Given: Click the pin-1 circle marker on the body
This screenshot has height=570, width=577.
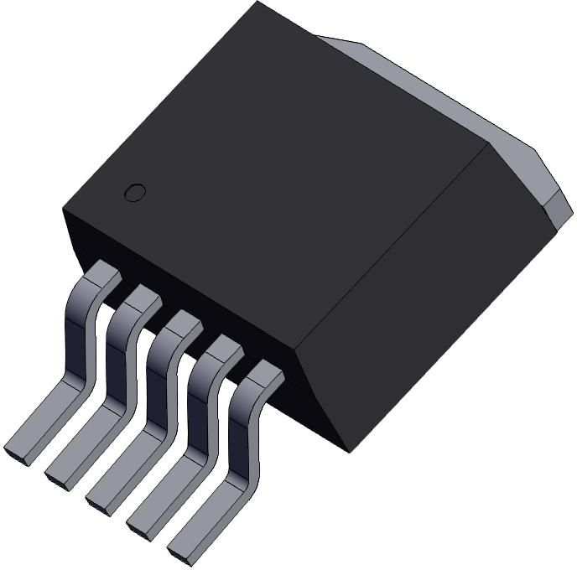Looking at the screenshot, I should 134,192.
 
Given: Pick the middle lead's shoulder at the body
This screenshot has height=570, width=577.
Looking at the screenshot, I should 184,323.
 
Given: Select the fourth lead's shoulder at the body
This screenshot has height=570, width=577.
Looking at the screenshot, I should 224,347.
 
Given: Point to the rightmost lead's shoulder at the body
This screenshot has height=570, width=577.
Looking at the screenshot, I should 264,372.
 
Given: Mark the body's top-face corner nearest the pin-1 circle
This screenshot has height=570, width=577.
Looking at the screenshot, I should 63,209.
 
